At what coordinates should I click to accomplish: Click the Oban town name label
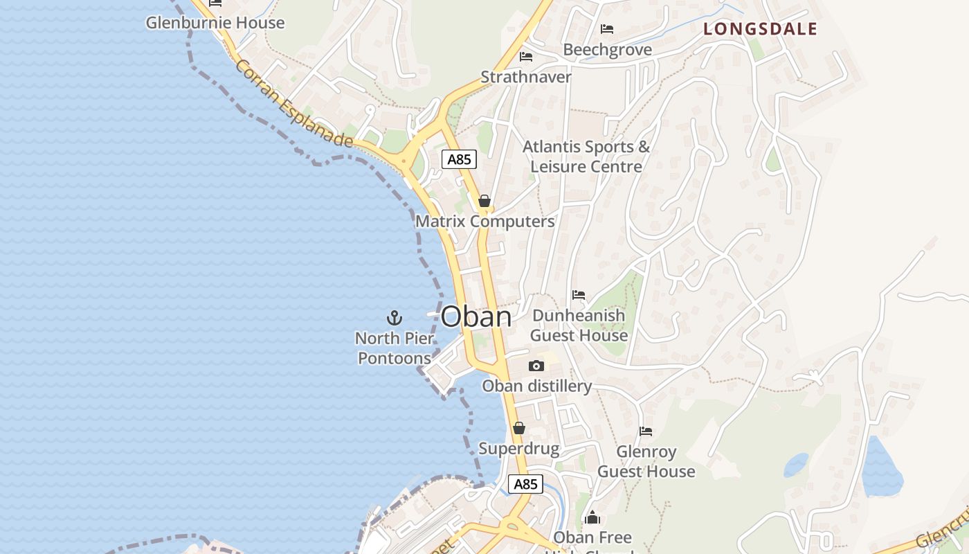[476, 317]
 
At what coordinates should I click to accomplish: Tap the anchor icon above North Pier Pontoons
[394, 318]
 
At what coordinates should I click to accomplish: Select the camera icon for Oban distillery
[536, 366]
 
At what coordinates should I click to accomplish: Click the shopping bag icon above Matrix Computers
[484, 201]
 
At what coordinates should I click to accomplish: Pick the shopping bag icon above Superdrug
[518, 428]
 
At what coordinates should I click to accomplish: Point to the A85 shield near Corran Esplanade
[459, 159]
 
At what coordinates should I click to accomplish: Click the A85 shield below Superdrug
[525, 483]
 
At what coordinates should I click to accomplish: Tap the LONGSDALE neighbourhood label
[760, 29]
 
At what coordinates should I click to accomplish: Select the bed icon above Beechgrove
[607, 29]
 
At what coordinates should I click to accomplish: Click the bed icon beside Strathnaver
[526, 56]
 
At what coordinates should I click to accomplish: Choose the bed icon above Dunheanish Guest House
[579, 295]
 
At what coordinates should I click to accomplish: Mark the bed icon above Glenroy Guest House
[646, 431]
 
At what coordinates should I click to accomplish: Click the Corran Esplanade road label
[294, 104]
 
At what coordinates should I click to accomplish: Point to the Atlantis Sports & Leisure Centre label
[586, 157]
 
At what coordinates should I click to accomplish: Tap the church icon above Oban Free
[592, 517]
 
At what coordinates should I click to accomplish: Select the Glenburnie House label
[215, 23]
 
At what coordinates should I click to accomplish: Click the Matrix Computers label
[484, 222]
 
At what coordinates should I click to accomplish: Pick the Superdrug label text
[518, 449]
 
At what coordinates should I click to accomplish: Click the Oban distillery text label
[536, 386]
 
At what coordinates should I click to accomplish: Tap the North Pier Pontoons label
[395, 348]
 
